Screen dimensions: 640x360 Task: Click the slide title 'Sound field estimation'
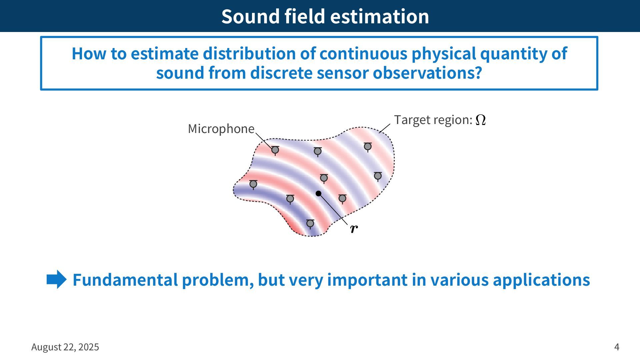[325, 16]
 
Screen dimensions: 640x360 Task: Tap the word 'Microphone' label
[221, 129]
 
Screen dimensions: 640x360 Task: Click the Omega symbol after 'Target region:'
[480, 120]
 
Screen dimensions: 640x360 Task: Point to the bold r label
[354, 229]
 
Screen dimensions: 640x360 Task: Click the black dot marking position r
[318, 193]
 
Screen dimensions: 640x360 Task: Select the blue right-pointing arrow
[57, 279]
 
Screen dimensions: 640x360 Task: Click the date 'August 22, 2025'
[65, 347]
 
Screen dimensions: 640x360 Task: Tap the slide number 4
[617, 347]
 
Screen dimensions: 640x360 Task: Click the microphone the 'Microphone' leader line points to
[275, 151]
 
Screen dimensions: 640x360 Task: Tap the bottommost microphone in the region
[310, 224]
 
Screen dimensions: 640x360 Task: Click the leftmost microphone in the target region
[253, 184]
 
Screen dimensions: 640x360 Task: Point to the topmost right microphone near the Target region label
[368, 147]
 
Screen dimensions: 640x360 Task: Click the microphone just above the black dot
[324, 178]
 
